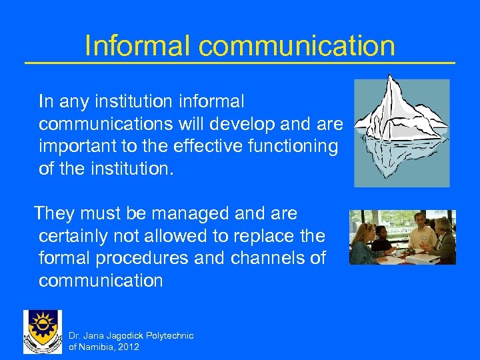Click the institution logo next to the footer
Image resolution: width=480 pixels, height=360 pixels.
42,331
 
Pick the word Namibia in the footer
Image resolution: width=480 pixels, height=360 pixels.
94,347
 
